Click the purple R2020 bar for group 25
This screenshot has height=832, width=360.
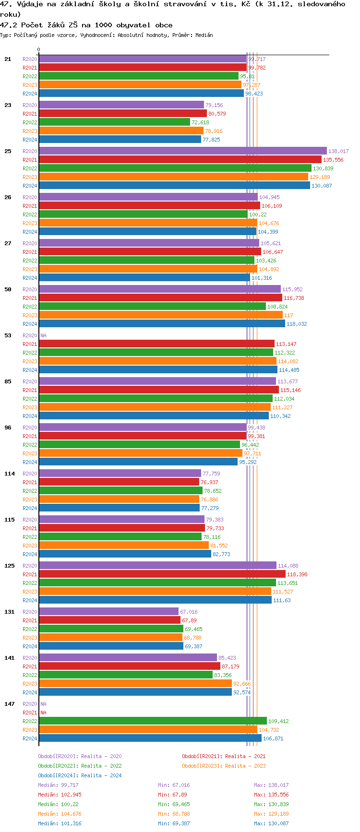(x=182, y=151)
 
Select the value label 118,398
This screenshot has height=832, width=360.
(x=297, y=574)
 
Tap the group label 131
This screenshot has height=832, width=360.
(x=10, y=612)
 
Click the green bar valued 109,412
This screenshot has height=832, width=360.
(x=153, y=721)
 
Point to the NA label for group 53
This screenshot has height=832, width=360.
(x=43, y=335)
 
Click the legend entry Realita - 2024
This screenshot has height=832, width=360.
(x=80, y=775)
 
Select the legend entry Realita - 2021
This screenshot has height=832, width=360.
(x=224, y=756)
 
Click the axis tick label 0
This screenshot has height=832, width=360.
(x=39, y=50)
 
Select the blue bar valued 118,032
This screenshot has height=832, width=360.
(x=162, y=324)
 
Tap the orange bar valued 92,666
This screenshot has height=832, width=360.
(x=135, y=684)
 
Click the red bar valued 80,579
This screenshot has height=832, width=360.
(x=122, y=114)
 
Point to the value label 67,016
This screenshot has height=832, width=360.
(x=189, y=612)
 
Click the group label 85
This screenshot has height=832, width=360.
(x=8, y=381)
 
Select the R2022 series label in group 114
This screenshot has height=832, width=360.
(x=30, y=491)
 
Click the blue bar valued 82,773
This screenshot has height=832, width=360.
(x=125, y=554)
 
